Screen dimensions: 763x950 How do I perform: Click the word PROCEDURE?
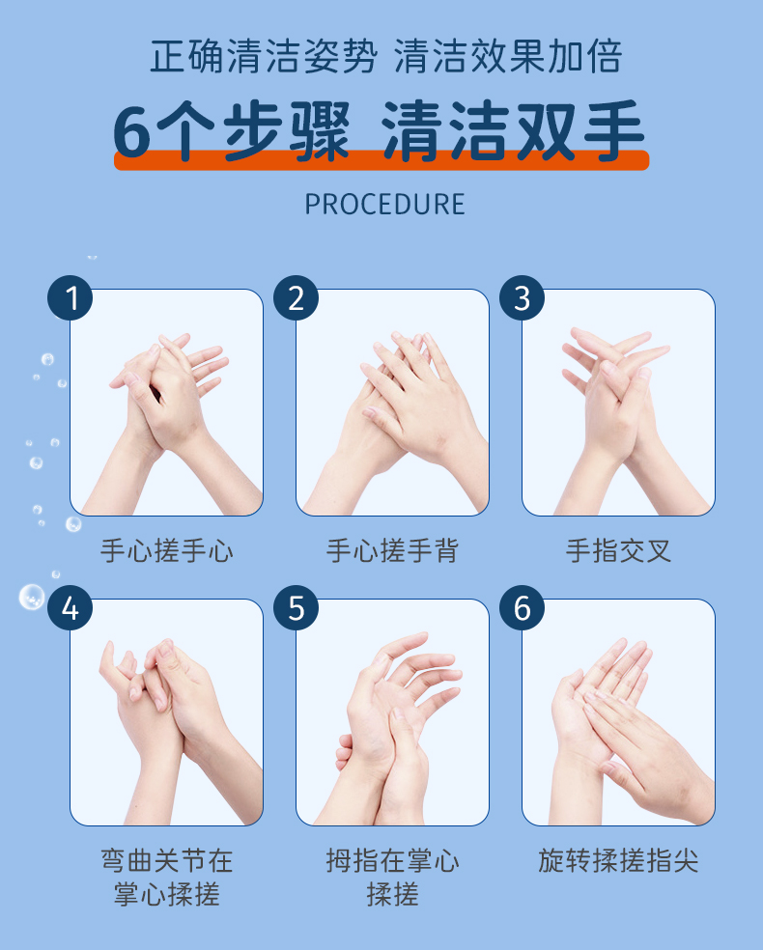[x=384, y=204]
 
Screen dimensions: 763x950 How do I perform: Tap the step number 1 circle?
[x=71, y=298]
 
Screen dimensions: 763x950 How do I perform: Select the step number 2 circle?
[x=296, y=298]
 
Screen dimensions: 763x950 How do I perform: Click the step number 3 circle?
[x=522, y=298]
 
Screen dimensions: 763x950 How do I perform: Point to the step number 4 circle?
[x=71, y=607]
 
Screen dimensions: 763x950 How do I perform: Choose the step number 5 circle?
[x=296, y=607]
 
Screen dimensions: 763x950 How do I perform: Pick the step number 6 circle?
[x=522, y=607]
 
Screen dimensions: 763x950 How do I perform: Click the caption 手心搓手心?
[x=167, y=550]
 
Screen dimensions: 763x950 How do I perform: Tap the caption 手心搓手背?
[x=392, y=550]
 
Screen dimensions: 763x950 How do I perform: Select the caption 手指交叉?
[x=618, y=550]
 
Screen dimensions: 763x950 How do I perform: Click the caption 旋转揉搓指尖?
[x=618, y=860]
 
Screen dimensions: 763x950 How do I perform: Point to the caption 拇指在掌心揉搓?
[x=392, y=877]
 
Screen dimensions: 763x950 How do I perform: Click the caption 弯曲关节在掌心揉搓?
[x=167, y=877]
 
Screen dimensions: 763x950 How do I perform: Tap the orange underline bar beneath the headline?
[x=381, y=160]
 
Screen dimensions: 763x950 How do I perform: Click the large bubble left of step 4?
[x=32, y=597]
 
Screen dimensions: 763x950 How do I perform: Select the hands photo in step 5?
[x=392, y=712]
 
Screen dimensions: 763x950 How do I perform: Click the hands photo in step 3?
[x=618, y=403]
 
